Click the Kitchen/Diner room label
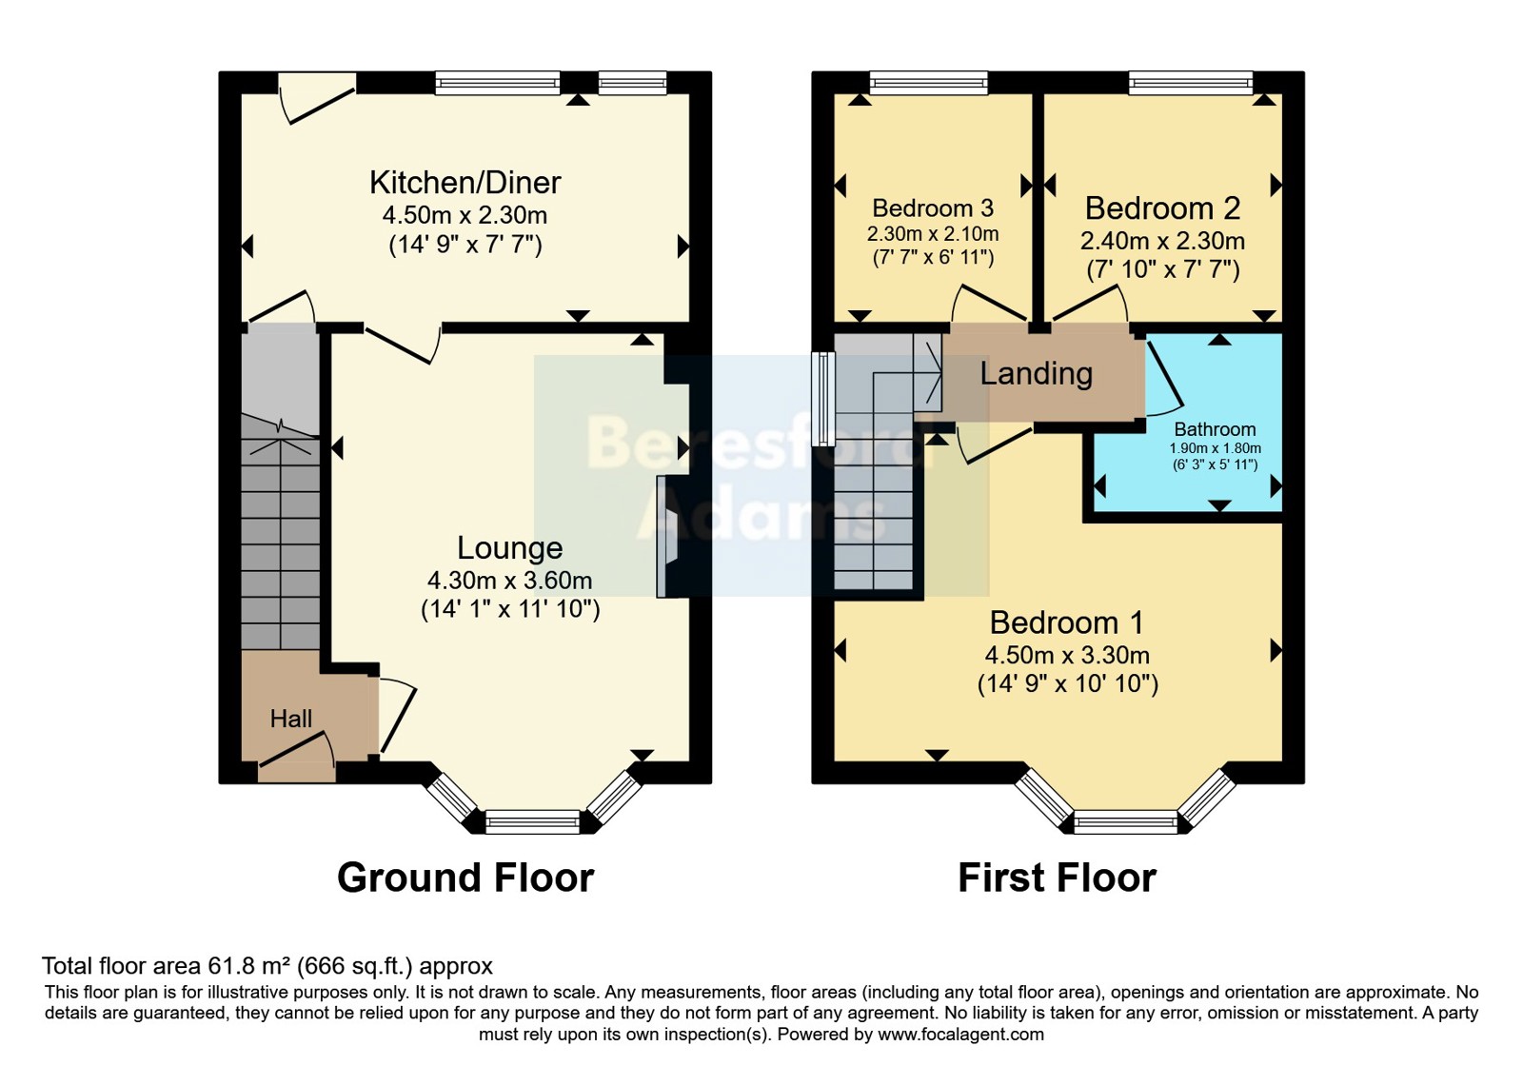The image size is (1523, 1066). tap(465, 182)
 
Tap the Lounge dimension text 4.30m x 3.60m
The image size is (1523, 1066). tap(510, 581)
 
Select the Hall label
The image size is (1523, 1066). tap(291, 719)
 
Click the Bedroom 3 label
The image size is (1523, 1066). tap(933, 207)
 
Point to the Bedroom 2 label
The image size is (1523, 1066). tap(1162, 208)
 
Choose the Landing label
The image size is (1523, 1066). tap(1037, 373)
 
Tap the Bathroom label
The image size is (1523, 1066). tap(1215, 429)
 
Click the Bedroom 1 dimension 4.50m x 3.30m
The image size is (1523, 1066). tap(1067, 656)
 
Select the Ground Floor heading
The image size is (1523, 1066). tap(465, 878)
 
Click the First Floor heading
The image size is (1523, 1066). tap(1058, 878)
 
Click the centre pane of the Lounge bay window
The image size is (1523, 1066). tap(532, 821)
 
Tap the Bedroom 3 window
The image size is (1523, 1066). tap(929, 83)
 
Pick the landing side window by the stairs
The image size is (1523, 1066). tap(823, 399)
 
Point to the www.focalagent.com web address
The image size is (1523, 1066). tap(960, 1035)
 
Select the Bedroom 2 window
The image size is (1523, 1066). tap(1191, 83)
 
